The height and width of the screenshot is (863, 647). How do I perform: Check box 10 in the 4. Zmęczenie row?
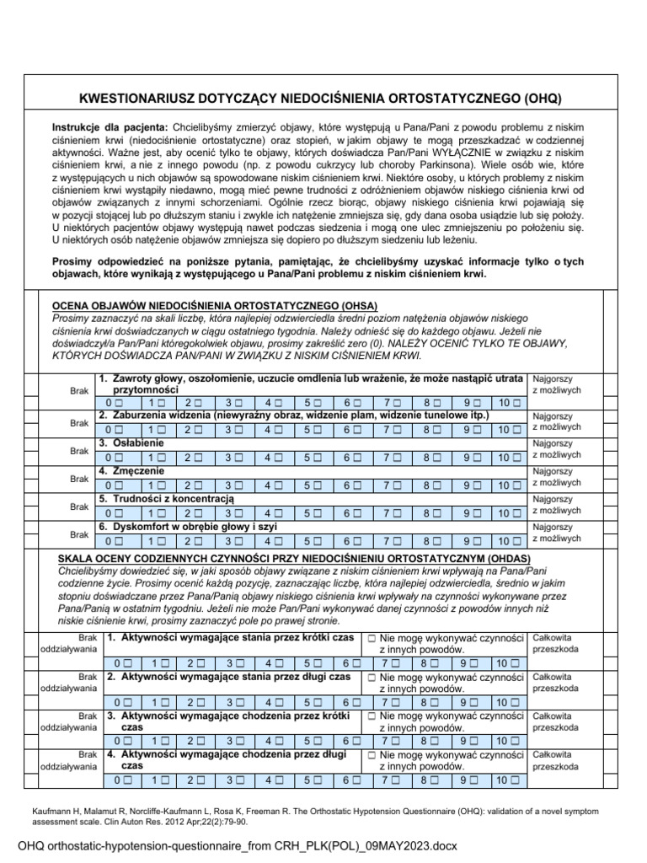(516, 485)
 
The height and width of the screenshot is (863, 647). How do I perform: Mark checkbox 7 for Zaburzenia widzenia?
(398, 430)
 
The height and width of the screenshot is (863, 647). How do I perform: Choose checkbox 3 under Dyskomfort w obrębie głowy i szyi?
(239, 540)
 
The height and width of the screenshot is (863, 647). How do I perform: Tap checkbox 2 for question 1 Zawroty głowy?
(200, 402)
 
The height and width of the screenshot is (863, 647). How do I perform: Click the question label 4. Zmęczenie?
(131, 471)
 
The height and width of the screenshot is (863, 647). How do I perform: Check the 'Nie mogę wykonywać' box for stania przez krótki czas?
(371, 639)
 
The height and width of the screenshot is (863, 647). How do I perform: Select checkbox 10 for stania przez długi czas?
(516, 702)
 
